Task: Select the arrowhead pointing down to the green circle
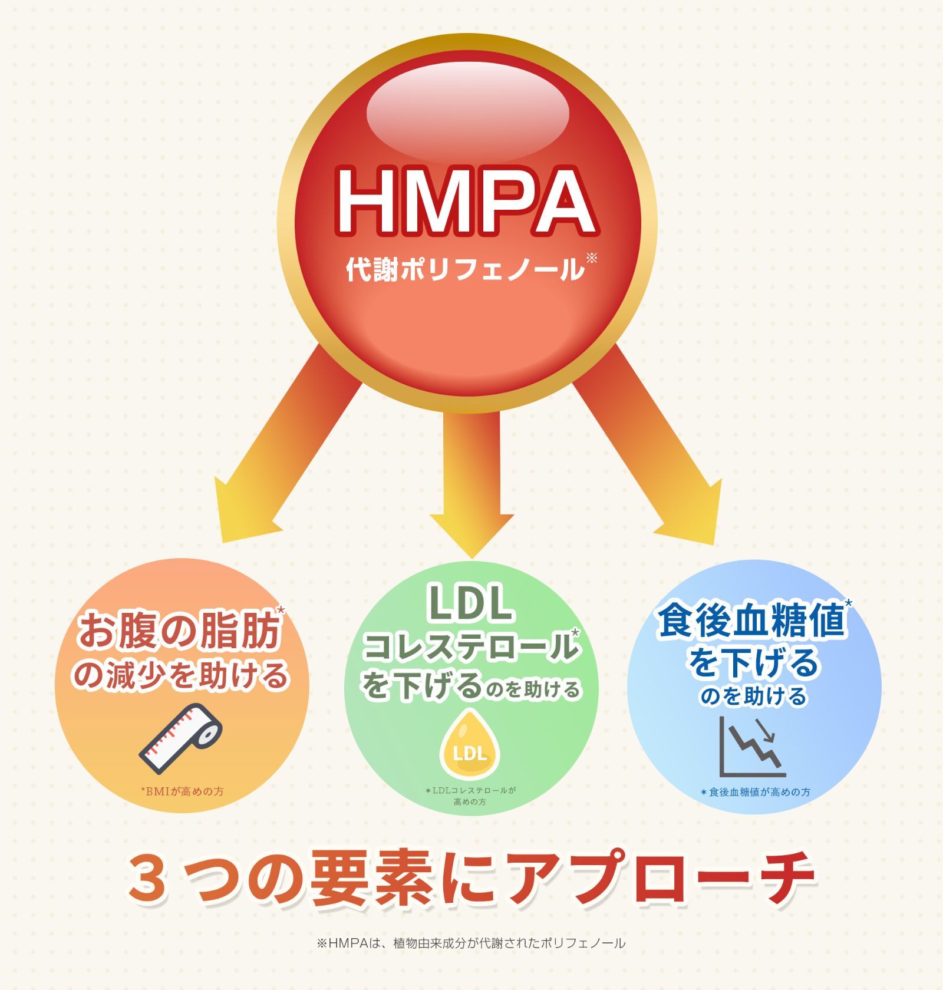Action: point(471,533)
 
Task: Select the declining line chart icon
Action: point(753,746)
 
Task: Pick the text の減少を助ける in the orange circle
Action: point(180,675)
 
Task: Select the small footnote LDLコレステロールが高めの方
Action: point(470,796)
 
